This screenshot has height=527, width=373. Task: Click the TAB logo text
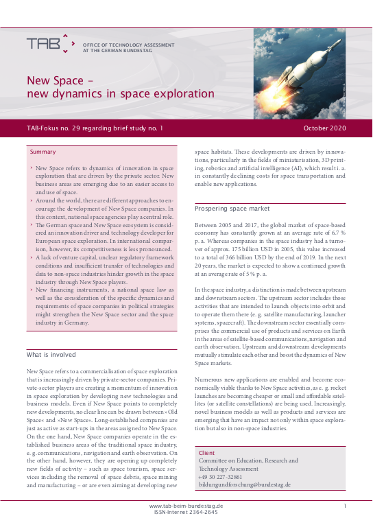(x=44, y=43)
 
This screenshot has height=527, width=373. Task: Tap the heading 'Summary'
(x=43, y=152)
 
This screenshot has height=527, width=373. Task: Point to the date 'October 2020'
(x=324, y=128)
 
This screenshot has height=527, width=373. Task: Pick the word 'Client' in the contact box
(x=206, y=454)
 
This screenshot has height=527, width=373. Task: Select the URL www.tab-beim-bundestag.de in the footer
(x=186, y=506)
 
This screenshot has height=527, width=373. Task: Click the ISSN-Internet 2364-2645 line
(x=186, y=512)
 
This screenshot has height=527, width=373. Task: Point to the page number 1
(x=344, y=506)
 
